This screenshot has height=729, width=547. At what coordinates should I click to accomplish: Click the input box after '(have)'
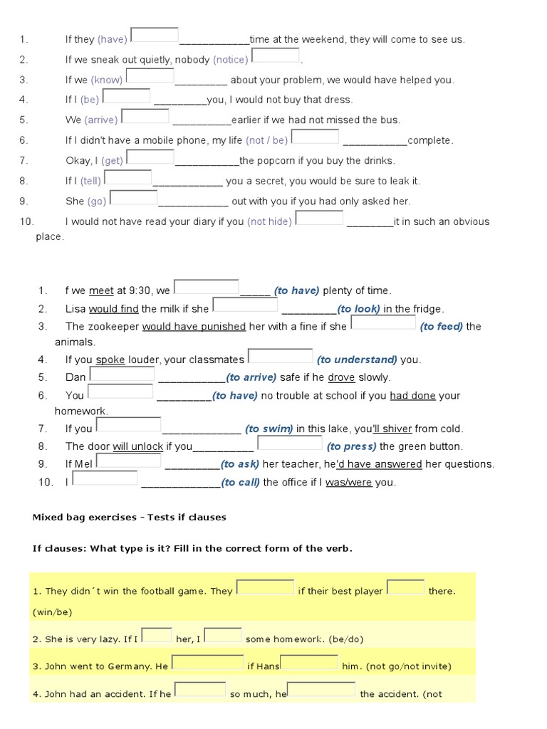(154, 35)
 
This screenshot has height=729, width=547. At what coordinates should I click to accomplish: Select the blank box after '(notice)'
(275, 55)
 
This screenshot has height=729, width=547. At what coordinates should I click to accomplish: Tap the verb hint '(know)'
(107, 80)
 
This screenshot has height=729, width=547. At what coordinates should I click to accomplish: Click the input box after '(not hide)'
(319, 217)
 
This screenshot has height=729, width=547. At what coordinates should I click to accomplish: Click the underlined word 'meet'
(101, 290)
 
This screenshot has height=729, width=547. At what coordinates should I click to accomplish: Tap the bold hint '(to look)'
(359, 309)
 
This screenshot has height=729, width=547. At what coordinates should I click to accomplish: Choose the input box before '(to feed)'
(383, 322)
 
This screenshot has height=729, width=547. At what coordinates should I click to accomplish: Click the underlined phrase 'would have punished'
(194, 327)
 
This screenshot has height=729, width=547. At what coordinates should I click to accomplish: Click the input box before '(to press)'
(289, 443)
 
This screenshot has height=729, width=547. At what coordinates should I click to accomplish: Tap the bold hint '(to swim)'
(269, 429)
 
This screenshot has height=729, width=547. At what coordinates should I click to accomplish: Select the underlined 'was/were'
(349, 483)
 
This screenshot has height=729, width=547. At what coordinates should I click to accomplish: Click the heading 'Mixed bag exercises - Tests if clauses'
(129, 518)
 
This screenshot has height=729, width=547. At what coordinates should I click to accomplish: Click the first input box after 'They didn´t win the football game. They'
(265, 587)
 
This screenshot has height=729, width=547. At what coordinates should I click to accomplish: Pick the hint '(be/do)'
(342, 639)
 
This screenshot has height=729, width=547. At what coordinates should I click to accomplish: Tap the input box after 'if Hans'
(309, 663)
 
